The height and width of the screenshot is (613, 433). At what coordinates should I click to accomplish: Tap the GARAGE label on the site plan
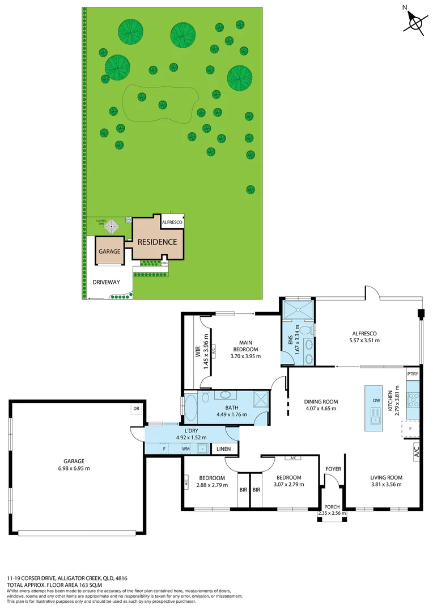[109, 251]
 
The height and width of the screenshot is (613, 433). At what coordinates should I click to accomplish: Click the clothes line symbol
[113, 226]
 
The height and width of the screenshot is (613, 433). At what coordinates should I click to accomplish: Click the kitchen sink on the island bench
[375, 420]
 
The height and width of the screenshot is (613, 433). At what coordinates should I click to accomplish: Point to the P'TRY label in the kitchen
[413, 375]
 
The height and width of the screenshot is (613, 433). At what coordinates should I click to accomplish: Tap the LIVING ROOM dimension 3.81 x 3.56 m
[386, 485]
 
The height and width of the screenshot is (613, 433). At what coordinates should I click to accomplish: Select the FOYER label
[333, 469]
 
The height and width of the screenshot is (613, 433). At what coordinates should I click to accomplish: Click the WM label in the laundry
[185, 448]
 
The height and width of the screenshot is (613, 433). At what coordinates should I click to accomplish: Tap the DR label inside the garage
[136, 408]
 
